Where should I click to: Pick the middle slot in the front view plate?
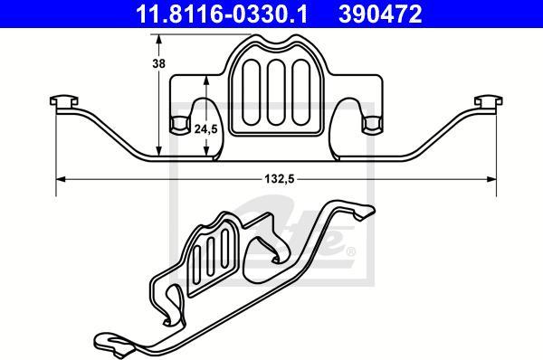272,96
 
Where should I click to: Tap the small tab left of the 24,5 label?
177,124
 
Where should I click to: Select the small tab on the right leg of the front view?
368,124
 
